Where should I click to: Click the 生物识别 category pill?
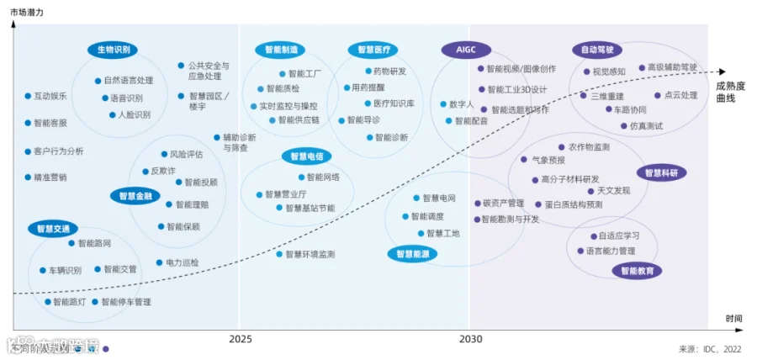click(113, 50)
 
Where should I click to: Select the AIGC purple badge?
click(466, 50)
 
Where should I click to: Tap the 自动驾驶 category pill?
click(597, 50)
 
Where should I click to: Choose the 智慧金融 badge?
click(135, 195)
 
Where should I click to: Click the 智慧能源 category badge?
click(413, 253)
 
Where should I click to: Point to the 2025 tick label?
click(240, 339)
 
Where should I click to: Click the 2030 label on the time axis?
click(470, 339)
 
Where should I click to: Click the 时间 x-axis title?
click(733, 318)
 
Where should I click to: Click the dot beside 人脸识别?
click(112, 114)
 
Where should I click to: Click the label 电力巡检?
click(183, 262)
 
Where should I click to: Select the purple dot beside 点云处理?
click(658, 95)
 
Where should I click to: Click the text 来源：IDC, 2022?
click(710, 348)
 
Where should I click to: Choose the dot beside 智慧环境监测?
click(278, 253)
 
